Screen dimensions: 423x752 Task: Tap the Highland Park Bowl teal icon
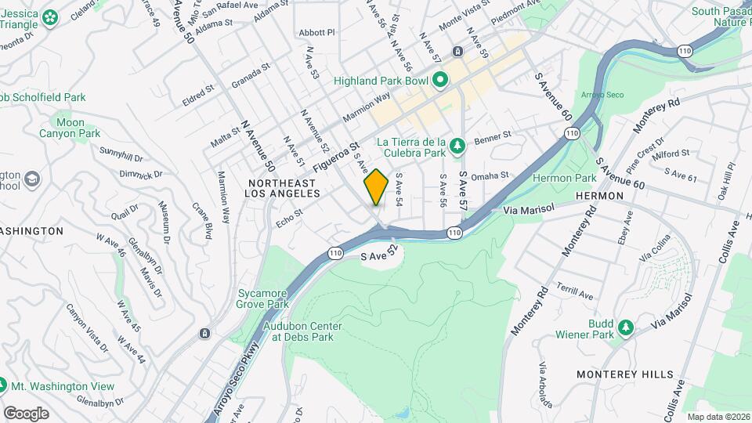440,80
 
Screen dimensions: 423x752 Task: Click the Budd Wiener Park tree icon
625,328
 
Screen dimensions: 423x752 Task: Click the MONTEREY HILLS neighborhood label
624,374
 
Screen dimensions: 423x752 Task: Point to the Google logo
25,413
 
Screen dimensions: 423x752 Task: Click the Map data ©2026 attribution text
718,417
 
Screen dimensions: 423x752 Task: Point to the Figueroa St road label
334,157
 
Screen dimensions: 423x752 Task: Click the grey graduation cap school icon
31,180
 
